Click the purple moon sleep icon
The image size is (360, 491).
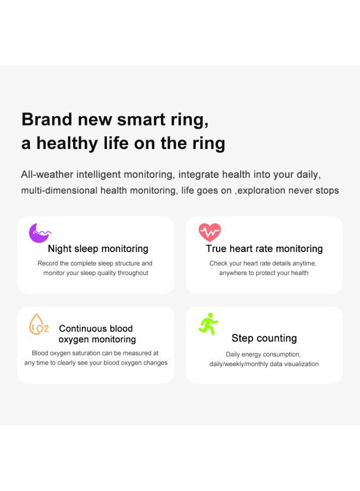(39, 233)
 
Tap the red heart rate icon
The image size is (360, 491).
(209, 232)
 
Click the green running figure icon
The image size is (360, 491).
(208, 324)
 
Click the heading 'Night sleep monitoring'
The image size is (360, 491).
(98, 249)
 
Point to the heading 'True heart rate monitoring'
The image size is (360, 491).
(264, 249)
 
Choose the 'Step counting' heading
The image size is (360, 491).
(264, 338)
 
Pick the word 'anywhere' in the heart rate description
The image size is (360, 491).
(233, 273)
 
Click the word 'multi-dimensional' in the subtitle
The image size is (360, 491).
(59, 190)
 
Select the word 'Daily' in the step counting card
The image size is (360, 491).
(233, 355)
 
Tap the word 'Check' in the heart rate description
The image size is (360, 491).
(219, 264)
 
